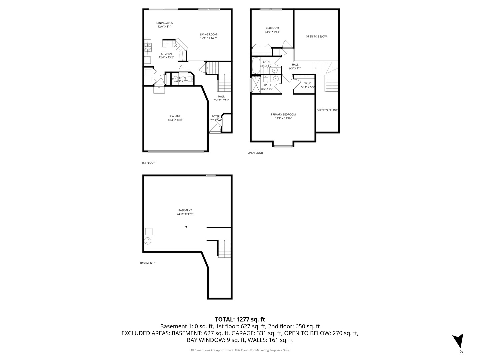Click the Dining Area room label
[164, 23]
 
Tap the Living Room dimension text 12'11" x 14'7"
[208, 38]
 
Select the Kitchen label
[166, 54]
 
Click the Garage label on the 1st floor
[175, 116]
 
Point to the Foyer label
[216, 117]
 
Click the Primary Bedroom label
[283, 115]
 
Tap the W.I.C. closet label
[308, 83]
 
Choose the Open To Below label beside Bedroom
[316, 37]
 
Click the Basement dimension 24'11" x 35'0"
[185, 214]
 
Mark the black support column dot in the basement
[186, 227]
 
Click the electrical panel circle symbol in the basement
[148, 241]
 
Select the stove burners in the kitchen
[148, 48]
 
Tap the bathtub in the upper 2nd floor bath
[255, 65]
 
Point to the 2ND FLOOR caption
[255, 153]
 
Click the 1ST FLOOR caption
[148, 163]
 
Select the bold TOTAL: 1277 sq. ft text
[240, 319]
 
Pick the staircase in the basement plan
[224, 249]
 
